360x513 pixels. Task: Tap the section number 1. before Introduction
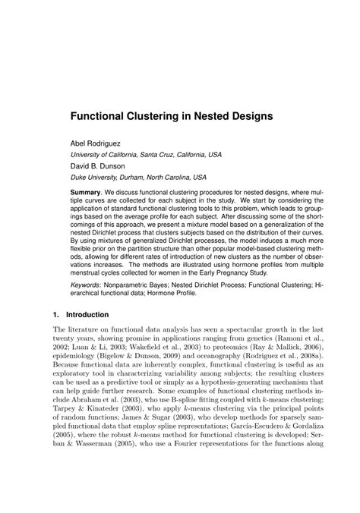(x=55, y=313)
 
